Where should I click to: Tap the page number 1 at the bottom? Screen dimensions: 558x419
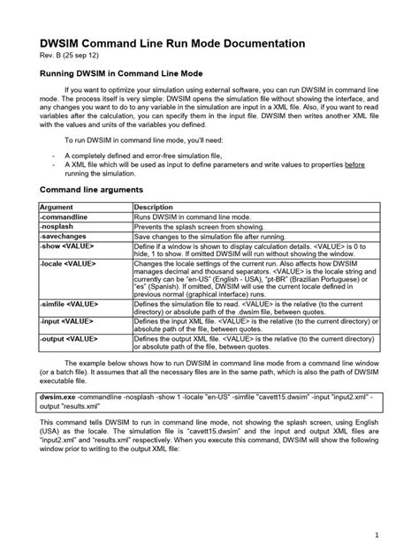377,533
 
